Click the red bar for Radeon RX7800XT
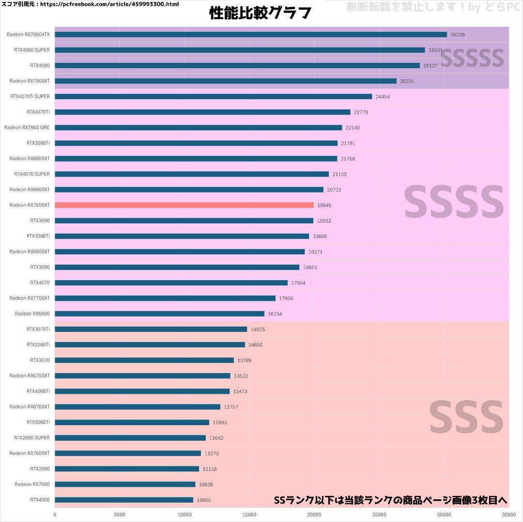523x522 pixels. click(x=184, y=205)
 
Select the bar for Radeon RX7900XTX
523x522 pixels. click(x=250, y=34)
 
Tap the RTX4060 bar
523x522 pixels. click(x=124, y=500)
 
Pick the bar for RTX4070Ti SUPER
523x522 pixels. click(x=213, y=96)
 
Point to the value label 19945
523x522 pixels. click(x=324, y=206)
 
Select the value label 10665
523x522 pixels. click(x=204, y=500)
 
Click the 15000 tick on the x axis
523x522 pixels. click(x=249, y=514)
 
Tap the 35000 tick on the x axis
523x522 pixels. click(x=508, y=514)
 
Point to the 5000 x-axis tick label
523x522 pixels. click(x=120, y=514)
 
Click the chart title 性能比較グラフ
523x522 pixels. click(x=260, y=13)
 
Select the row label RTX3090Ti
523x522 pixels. click(x=38, y=143)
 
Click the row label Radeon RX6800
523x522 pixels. click(x=32, y=313)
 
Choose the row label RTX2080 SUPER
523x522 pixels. click(x=32, y=438)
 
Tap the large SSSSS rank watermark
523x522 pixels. click(x=472, y=58)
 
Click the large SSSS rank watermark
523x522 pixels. click(x=454, y=202)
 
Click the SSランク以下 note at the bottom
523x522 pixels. click(x=390, y=500)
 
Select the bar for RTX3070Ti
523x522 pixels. click(x=151, y=329)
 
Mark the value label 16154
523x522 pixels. click(x=275, y=314)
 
